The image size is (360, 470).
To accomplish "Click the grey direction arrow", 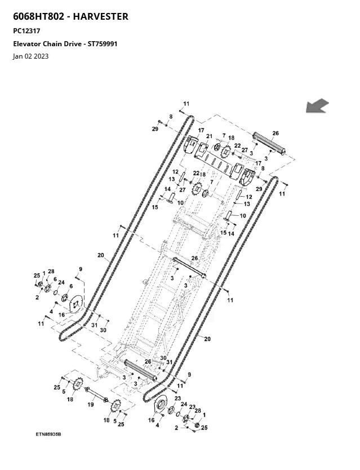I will point(317,105).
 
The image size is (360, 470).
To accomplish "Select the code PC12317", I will point(26,31).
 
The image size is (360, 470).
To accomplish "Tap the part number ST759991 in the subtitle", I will point(103,43).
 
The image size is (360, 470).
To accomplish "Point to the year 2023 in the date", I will point(41,56).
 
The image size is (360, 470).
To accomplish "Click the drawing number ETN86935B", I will point(48,434).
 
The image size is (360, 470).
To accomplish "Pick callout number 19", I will point(90,405).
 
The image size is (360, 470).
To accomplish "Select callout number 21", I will point(209,136).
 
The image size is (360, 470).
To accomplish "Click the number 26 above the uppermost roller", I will point(275,134).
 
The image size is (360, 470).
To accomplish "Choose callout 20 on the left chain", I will point(100,255).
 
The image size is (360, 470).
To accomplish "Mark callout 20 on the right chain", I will point(207,339).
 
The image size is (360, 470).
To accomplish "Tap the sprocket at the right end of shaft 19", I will point(116,405).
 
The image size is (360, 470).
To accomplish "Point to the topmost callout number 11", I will point(186,104).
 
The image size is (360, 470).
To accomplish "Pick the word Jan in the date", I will point(18,56).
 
